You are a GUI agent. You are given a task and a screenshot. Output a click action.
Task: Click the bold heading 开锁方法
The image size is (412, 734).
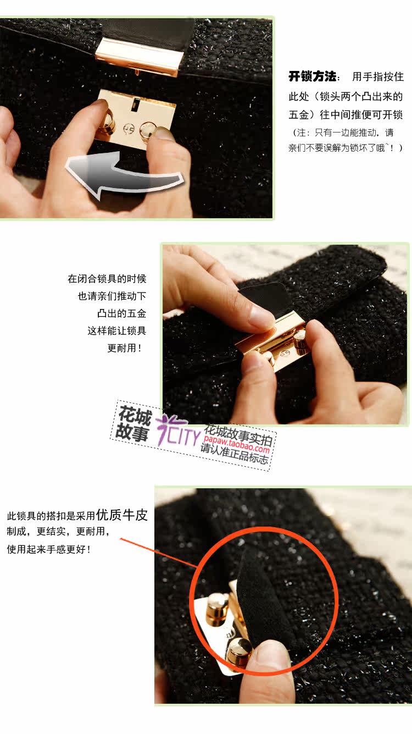(x=313, y=76)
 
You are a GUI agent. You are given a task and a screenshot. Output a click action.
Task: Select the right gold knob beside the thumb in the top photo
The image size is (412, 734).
(x=147, y=130)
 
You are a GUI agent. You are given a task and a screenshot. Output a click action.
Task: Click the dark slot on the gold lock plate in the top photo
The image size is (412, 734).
(x=135, y=104)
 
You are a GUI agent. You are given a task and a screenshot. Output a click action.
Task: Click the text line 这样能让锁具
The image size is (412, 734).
(x=116, y=330)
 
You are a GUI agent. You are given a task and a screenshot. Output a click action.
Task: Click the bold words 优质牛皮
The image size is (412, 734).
(x=122, y=515)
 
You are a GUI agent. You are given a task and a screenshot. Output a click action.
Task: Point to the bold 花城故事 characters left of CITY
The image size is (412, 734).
(x=133, y=423)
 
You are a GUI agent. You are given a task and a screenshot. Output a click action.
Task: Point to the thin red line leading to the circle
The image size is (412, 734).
(x=159, y=553)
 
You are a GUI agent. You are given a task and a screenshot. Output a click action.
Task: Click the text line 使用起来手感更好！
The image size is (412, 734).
(x=48, y=549)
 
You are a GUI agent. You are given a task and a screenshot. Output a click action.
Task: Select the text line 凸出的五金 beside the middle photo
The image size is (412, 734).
(x=122, y=313)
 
